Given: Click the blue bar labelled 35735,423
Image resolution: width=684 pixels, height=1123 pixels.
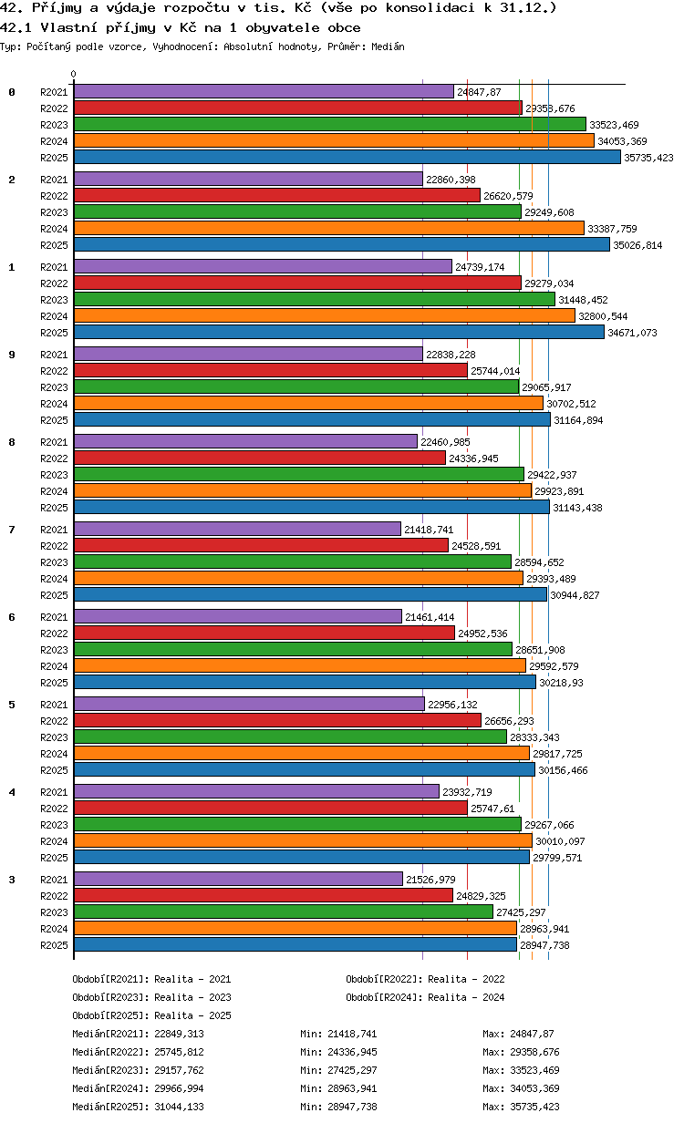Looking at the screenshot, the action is click(x=347, y=158).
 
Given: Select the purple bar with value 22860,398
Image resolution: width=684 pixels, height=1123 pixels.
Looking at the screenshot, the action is click(x=248, y=179).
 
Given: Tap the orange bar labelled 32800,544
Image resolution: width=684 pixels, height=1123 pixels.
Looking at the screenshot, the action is click(x=325, y=315).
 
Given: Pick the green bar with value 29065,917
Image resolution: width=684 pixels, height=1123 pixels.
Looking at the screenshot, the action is click(x=296, y=387).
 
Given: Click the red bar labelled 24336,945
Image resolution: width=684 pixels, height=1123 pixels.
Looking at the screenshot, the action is click(x=260, y=458).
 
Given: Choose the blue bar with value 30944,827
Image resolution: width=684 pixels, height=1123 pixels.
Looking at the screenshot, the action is click(x=310, y=594).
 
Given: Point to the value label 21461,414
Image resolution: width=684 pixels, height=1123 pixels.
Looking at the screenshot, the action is click(x=430, y=617).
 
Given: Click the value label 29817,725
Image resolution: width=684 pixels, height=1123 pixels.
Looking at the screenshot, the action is click(x=557, y=754).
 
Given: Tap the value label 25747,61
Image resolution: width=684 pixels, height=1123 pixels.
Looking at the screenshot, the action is click(x=492, y=809).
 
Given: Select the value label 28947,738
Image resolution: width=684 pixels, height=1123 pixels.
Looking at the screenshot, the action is click(x=544, y=945).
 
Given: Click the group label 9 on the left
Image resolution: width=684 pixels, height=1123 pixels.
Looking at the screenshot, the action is click(x=12, y=355).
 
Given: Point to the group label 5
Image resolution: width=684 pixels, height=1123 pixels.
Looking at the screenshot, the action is click(x=12, y=705).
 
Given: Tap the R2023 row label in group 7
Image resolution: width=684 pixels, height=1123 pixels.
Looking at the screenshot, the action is click(x=54, y=562).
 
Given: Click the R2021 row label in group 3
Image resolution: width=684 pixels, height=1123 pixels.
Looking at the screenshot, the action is click(x=54, y=880).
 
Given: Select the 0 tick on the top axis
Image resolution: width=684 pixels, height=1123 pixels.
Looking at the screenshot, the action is click(x=74, y=74).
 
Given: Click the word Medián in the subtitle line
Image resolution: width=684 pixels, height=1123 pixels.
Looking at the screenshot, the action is click(x=388, y=46).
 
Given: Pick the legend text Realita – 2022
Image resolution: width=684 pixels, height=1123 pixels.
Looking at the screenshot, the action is click(x=466, y=979).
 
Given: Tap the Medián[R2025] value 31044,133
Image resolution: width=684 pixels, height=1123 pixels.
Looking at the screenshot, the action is click(x=179, y=1107).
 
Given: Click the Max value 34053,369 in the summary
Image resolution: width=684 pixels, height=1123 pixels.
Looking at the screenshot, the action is click(x=535, y=1088).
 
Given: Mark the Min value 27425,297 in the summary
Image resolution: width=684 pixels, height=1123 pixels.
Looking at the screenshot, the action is click(x=352, y=1070).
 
